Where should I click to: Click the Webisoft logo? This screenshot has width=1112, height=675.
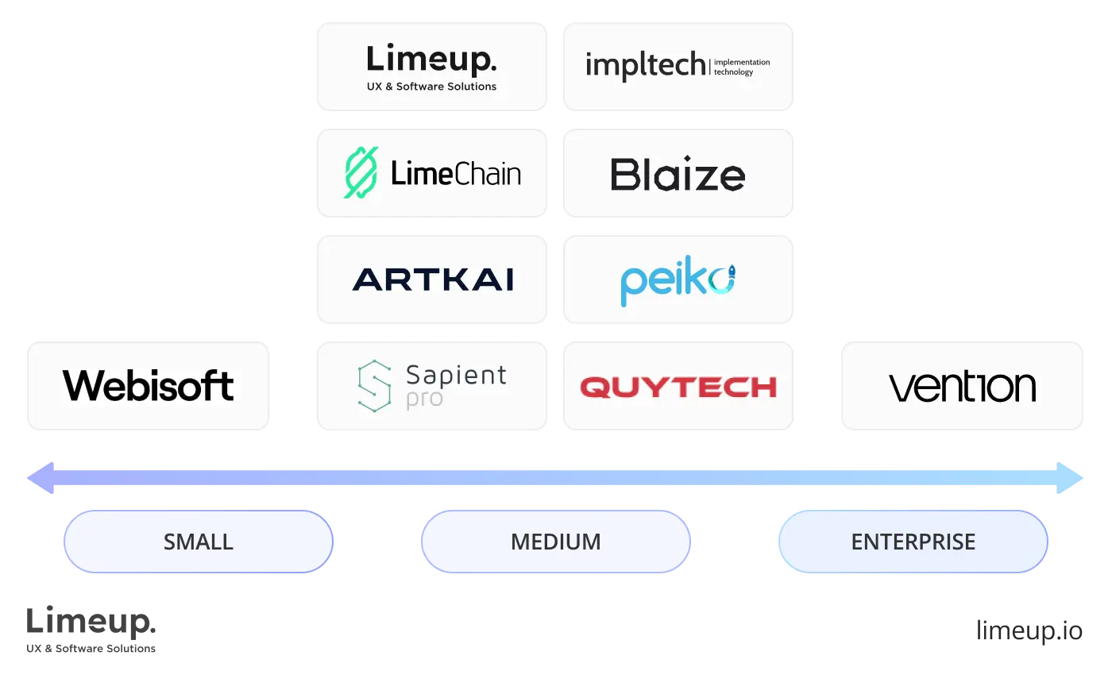click(149, 386)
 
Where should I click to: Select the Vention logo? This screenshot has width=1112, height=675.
click(962, 387)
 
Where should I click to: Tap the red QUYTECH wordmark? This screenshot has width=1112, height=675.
click(678, 387)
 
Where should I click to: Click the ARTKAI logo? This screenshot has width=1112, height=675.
click(433, 280)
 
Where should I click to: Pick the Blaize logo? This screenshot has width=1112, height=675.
click(678, 175)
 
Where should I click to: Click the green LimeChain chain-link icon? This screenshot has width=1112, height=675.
click(361, 172)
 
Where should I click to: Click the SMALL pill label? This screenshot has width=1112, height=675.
click(199, 542)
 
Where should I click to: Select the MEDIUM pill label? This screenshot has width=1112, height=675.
click(556, 542)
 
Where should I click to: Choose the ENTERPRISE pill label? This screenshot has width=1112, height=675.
click(913, 542)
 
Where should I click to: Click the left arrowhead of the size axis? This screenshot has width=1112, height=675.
click(41, 477)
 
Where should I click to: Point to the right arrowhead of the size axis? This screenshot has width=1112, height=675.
click(1071, 477)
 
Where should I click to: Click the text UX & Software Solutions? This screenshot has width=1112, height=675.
click(431, 86)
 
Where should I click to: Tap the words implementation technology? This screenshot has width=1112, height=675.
click(742, 67)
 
